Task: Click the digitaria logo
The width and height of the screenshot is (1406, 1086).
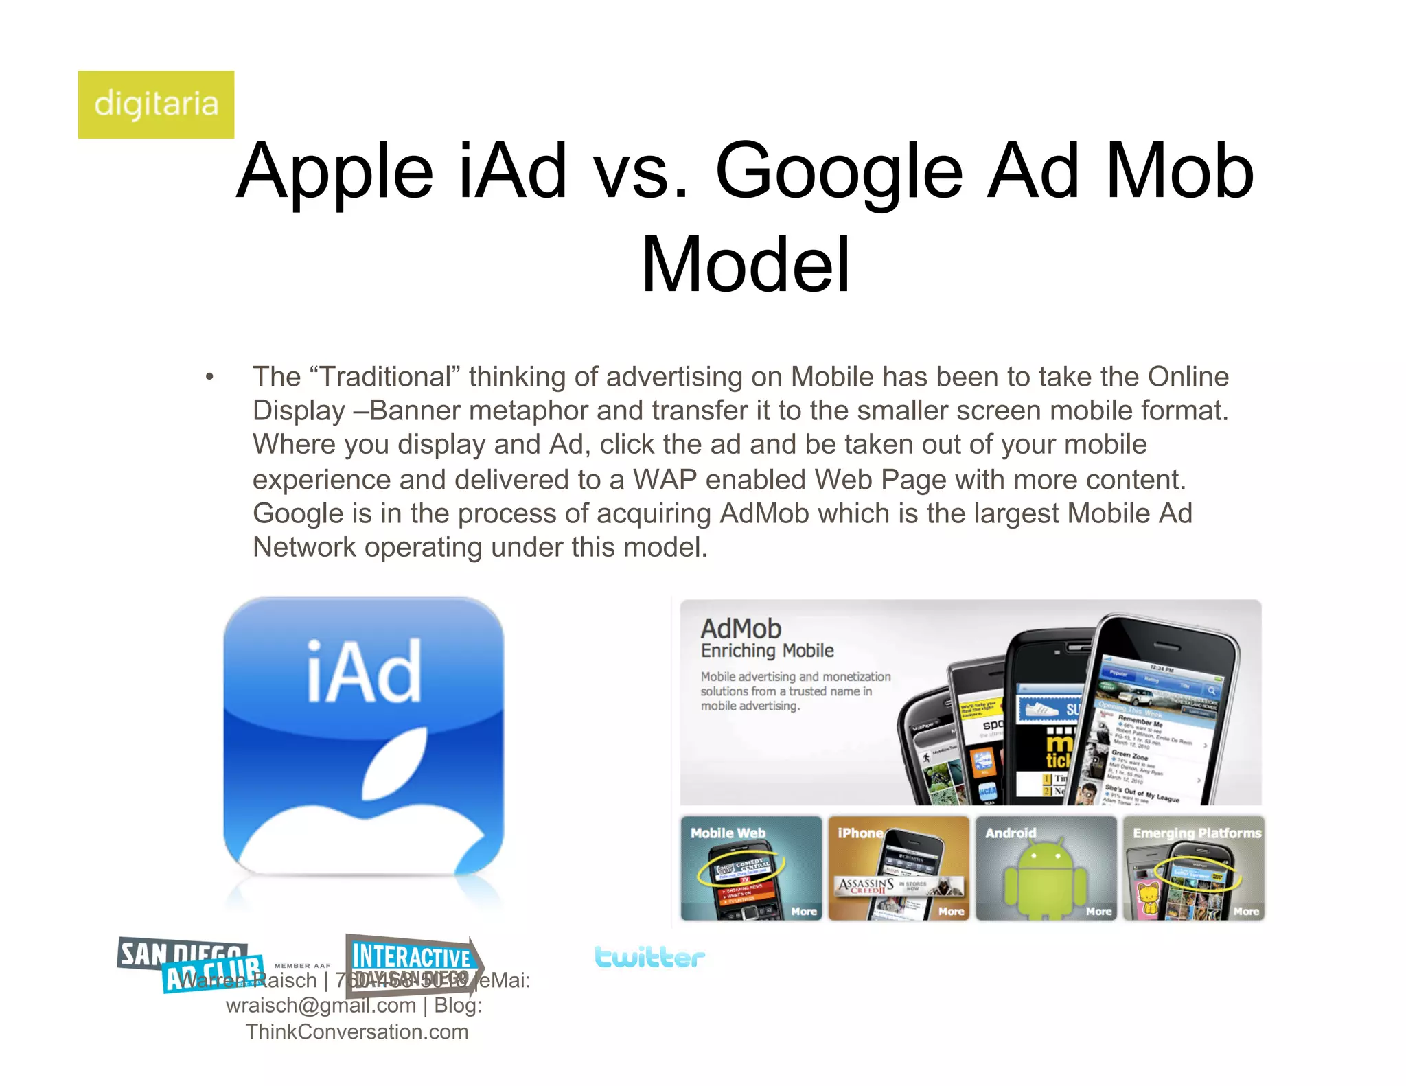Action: click(156, 104)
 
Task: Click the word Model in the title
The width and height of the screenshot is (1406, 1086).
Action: click(746, 265)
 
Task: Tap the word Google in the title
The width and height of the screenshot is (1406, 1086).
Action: click(839, 171)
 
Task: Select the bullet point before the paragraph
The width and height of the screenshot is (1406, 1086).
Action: click(209, 377)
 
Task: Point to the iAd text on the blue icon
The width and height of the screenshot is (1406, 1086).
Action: click(363, 671)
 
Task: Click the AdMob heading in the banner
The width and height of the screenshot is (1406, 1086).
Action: click(741, 628)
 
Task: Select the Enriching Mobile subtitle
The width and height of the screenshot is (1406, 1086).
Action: click(767, 651)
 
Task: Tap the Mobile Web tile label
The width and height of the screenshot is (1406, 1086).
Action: click(728, 833)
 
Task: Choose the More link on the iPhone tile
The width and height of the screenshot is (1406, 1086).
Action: click(951, 911)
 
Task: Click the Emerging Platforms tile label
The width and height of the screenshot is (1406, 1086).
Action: click(1197, 833)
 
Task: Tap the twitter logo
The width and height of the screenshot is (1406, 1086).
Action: click(649, 957)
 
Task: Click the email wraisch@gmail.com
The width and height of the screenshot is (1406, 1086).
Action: click(321, 1006)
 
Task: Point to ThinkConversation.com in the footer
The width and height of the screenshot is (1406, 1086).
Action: click(357, 1032)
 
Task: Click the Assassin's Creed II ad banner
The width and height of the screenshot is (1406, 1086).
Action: click(896, 886)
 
